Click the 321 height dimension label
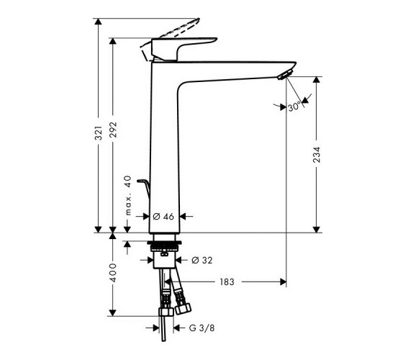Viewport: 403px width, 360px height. click(x=98, y=133)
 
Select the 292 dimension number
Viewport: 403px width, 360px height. click(x=113, y=130)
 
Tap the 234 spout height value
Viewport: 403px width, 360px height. click(x=317, y=155)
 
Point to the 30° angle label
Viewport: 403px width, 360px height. click(x=294, y=106)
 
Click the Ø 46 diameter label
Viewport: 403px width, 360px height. click(x=163, y=217)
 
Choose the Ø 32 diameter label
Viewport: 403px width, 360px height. click(x=202, y=260)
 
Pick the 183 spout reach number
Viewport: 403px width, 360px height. click(x=227, y=282)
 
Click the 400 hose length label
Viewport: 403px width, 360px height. click(x=113, y=273)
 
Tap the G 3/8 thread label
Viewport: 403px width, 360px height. click(x=201, y=328)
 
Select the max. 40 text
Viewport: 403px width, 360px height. click(x=128, y=195)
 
